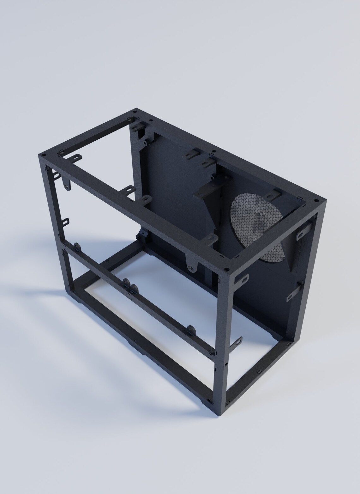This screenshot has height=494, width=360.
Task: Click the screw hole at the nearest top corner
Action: [x=226, y=269]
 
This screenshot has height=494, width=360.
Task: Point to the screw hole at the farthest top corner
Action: [x=135, y=112]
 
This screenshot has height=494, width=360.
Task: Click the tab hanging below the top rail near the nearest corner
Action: [x=192, y=263]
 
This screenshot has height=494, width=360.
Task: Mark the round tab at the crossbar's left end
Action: [x=77, y=246]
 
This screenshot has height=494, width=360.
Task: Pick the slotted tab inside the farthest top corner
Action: [x=137, y=126]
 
